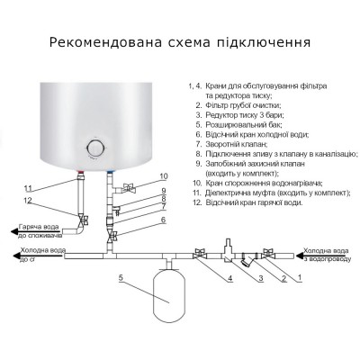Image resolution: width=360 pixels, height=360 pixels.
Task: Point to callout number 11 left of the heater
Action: click(x=28, y=187)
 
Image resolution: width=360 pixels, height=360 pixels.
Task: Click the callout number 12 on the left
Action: click(x=28, y=200)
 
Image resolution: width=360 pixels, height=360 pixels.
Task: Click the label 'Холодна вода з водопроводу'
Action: click(x=326, y=255)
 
